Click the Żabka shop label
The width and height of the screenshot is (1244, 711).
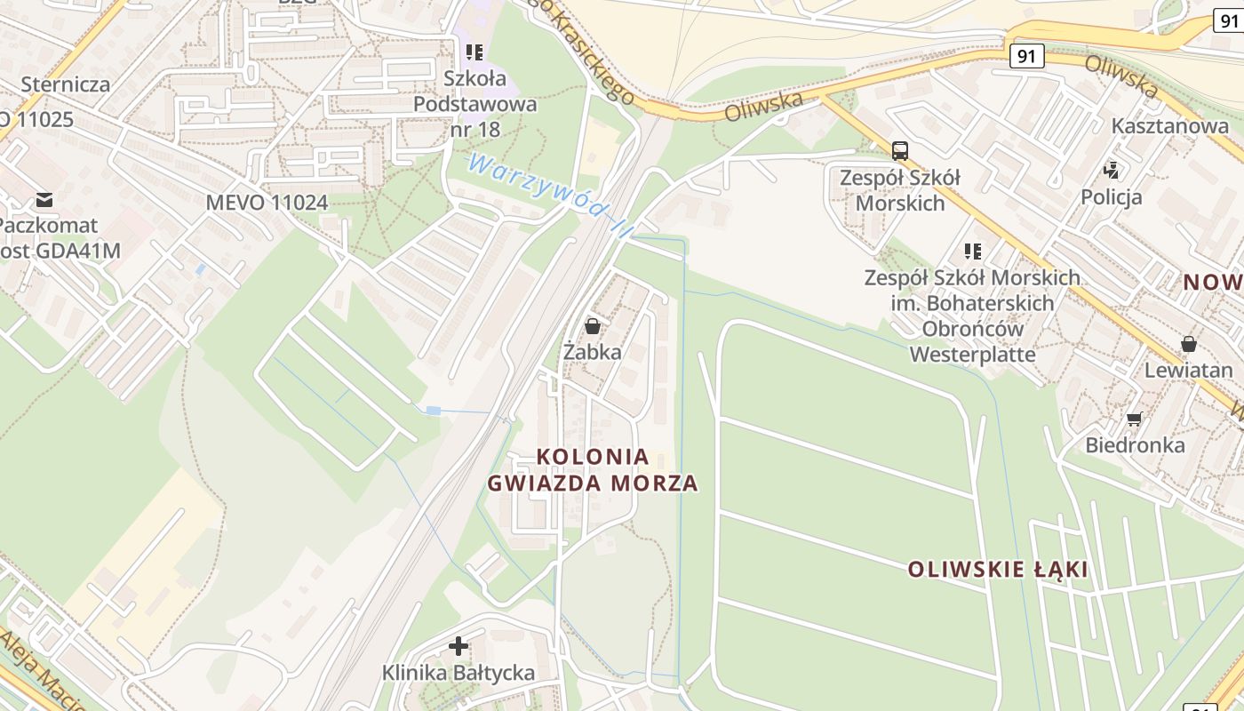click(x=593, y=352)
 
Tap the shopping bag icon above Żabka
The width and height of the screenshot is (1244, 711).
click(x=593, y=326)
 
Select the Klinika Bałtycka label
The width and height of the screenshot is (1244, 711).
click(x=459, y=673)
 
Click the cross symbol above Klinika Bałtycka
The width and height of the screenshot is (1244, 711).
click(x=459, y=646)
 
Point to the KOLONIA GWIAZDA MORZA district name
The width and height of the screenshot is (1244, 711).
click(x=593, y=470)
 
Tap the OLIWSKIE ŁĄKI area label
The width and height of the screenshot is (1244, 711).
click(x=998, y=570)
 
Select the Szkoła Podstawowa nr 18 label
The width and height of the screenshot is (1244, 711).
click(x=475, y=104)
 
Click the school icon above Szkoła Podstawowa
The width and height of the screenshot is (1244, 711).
click(x=474, y=52)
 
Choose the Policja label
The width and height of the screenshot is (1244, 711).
click(x=1112, y=197)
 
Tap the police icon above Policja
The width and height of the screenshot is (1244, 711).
click(x=1111, y=169)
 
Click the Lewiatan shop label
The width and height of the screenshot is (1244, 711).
click(x=1189, y=371)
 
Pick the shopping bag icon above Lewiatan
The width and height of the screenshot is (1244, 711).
click(x=1189, y=344)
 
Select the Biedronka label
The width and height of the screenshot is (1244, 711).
click(x=1135, y=444)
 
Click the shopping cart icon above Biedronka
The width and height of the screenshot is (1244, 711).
click(x=1134, y=419)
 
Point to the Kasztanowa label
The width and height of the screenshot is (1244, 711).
click(x=1170, y=126)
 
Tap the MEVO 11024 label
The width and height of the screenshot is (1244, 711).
click(x=267, y=203)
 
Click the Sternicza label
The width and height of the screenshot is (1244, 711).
click(x=66, y=84)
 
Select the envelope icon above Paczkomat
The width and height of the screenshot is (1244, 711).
click(x=44, y=199)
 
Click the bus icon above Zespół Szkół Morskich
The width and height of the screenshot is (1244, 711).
click(x=900, y=151)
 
